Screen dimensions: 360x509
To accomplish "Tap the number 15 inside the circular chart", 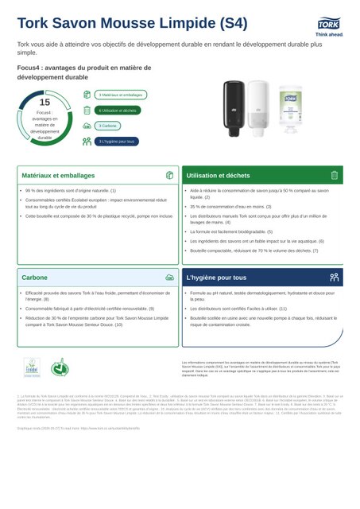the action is pos(44,103).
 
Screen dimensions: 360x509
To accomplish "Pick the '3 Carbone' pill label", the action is pos(108,126).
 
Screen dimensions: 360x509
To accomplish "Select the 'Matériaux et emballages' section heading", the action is pos(58,175).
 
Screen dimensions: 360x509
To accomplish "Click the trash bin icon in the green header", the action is pos(334,175).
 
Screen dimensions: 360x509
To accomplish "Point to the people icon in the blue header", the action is pos(334,278).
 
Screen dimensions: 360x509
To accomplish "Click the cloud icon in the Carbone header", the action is pos(168,278).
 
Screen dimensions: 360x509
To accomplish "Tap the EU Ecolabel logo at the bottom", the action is pos(31,368).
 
